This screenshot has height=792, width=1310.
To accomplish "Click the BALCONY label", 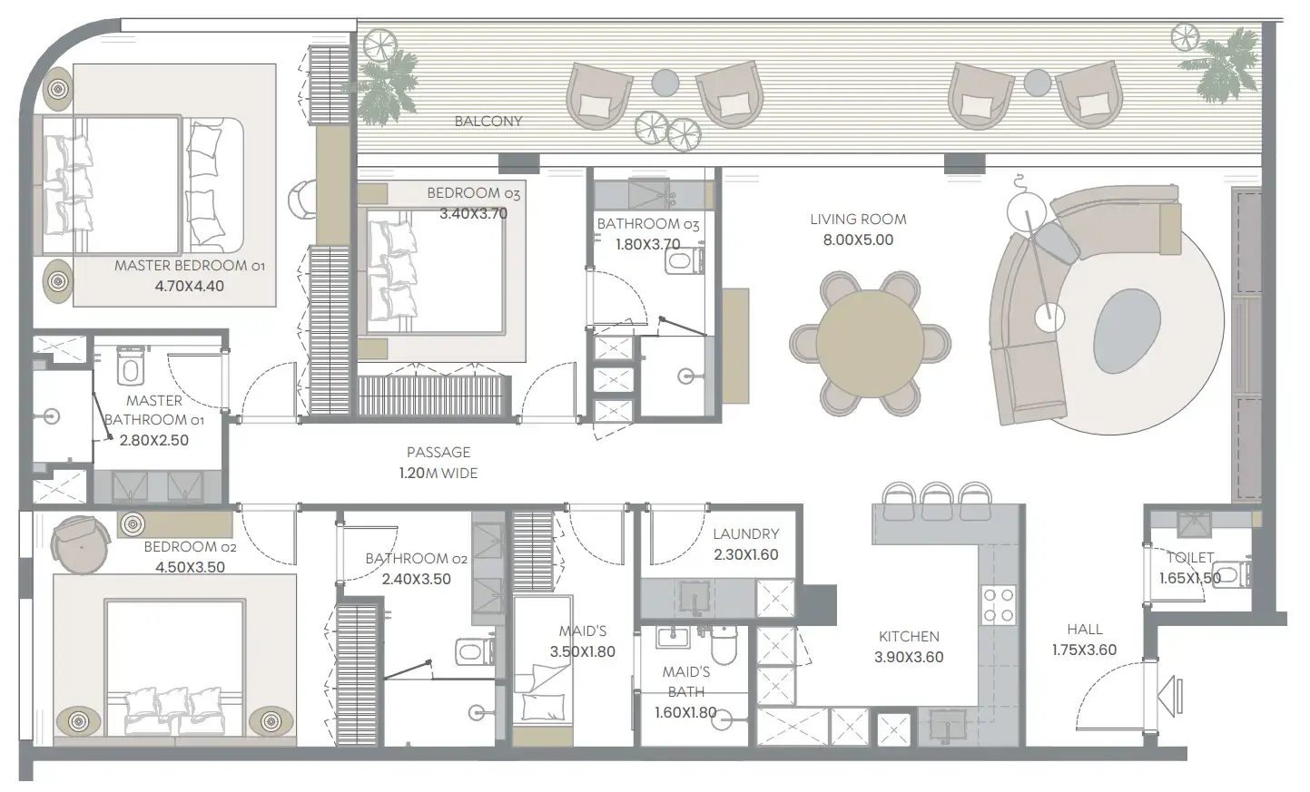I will [488, 122].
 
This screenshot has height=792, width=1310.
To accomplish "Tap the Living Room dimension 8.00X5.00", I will [858, 240].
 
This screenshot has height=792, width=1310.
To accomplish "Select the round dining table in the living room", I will [870, 343].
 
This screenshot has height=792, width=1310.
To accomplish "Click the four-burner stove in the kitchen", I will [999, 605].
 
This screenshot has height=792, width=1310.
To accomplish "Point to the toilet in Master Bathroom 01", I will [130, 366].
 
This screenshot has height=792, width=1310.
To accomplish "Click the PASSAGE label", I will [438, 452].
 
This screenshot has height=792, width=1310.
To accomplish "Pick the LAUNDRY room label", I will [745, 534].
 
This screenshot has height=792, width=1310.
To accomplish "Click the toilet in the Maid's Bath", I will [724, 646].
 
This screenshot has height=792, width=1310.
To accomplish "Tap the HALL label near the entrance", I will [1085, 629].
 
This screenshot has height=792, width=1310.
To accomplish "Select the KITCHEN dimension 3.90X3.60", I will [909, 658].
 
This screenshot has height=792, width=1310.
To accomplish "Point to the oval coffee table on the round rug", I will [1127, 328].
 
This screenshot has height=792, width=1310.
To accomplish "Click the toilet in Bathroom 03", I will [682, 262].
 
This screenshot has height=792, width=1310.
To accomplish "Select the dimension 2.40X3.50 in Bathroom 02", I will [416, 580].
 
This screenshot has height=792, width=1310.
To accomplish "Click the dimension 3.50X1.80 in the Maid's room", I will [582, 651].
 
